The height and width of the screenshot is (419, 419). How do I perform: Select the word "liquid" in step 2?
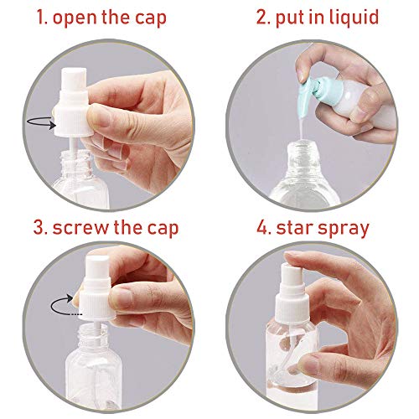coord(354,17)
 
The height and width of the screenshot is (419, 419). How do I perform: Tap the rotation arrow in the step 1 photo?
coord(38,123)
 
